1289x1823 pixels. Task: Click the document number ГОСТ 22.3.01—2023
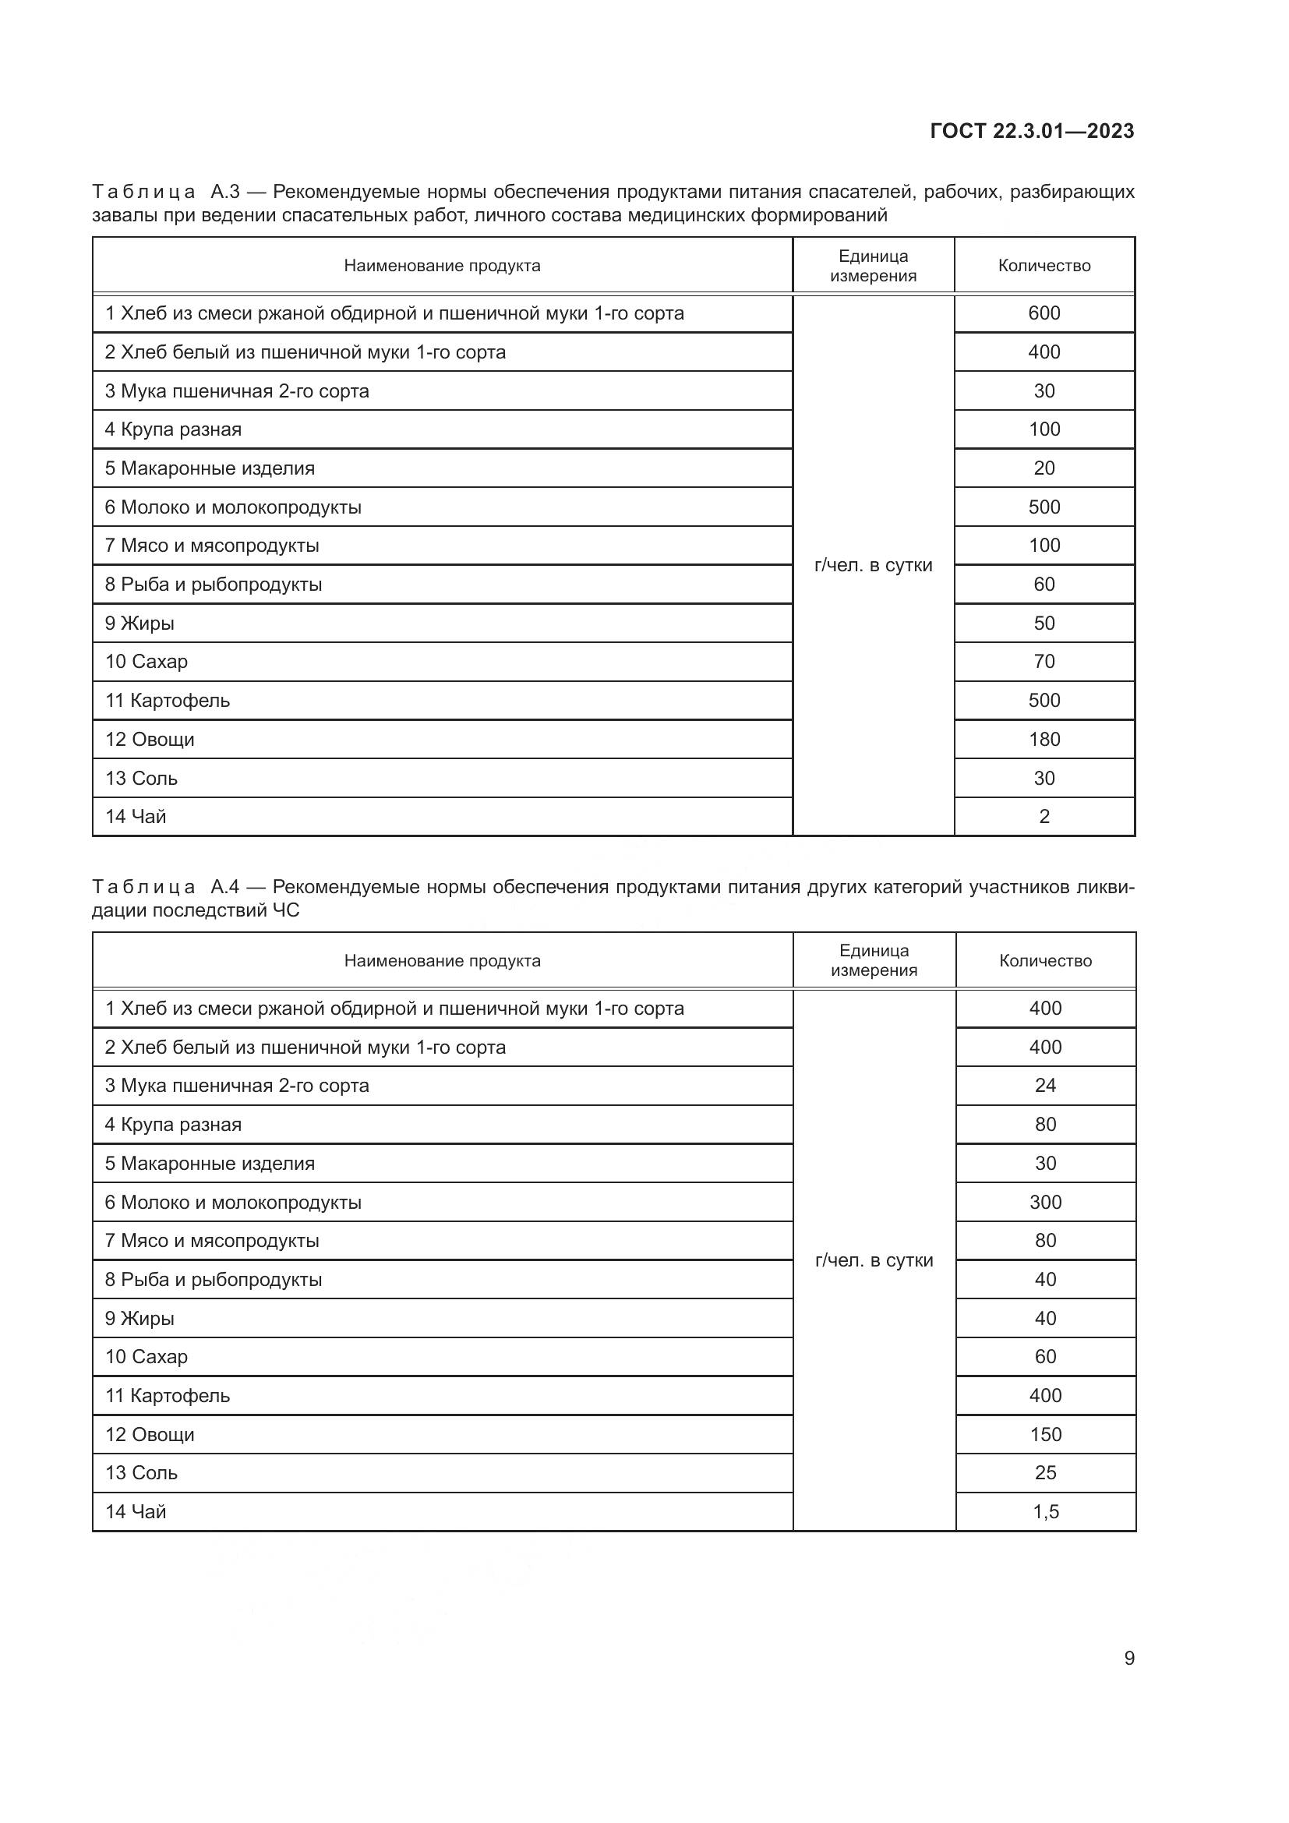(x=1031, y=131)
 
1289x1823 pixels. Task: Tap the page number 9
(x=1128, y=1658)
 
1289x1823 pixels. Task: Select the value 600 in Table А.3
(x=1044, y=313)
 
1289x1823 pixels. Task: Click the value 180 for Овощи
(x=1044, y=739)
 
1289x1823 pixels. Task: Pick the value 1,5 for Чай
(x=1045, y=1512)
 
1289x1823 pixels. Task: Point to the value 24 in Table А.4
(x=1045, y=1086)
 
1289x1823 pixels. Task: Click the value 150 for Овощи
(x=1045, y=1435)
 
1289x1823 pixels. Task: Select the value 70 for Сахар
(x=1044, y=662)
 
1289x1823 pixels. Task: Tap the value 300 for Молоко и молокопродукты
(x=1045, y=1202)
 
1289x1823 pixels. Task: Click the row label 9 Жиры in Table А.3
(x=139, y=624)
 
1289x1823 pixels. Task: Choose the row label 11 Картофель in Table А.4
(x=168, y=1396)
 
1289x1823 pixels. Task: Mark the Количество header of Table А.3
(x=1044, y=266)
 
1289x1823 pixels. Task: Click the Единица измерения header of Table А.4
(x=873, y=961)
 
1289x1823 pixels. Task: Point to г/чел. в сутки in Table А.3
(x=873, y=565)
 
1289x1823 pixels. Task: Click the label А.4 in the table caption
(x=224, y=887)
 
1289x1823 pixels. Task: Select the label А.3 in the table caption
(x=224, y=193)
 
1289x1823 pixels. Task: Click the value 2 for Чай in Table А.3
(x=1044, y=816)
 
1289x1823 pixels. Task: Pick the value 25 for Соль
(x=1045, y=1473)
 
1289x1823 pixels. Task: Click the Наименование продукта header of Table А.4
(x=442, y=961)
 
